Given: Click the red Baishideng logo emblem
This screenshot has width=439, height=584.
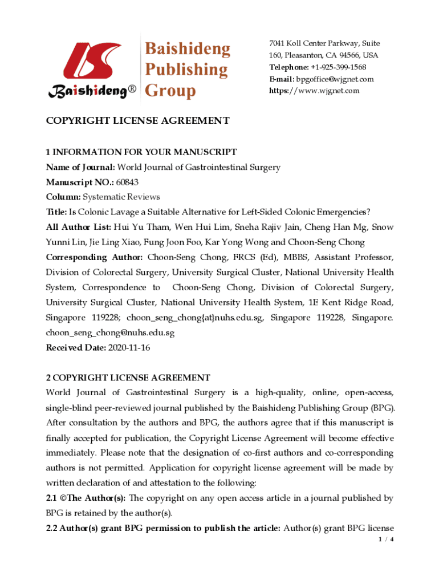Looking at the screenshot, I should tap(91, 61).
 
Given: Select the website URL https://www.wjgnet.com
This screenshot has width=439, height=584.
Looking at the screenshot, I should tap(314, 91).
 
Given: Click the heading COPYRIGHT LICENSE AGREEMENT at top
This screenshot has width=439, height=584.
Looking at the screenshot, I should tap(137, 121).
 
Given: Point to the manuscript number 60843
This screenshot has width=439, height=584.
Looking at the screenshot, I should tap(127, 182).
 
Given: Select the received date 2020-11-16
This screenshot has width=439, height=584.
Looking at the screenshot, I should tap(128, 347).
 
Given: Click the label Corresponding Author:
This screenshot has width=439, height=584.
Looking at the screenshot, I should tap(94, 257).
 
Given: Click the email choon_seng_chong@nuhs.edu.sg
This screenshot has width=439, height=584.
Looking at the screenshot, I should tap(110, 332).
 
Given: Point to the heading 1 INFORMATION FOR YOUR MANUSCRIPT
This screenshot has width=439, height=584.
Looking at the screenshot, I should tap(141, 152).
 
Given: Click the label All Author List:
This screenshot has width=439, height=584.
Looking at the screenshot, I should tap(78, 227).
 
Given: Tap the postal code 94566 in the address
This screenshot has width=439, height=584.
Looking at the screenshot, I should tap(350, 55).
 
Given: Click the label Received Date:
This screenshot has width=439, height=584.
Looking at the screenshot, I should tap(76, 347).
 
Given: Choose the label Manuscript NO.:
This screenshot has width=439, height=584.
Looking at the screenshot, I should tap(80, 182).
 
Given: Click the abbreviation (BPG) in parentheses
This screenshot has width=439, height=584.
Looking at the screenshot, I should tap(381, 408).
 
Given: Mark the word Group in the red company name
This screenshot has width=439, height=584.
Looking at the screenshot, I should tap(170, 91).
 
